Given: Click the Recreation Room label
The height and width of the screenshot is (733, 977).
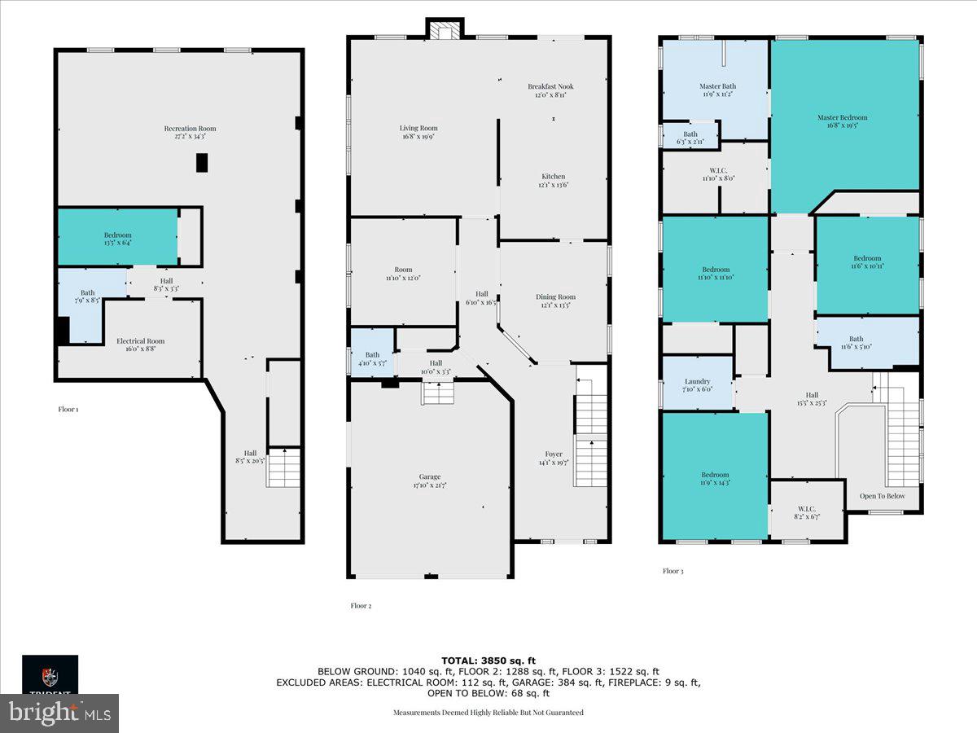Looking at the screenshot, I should tap(190, 129).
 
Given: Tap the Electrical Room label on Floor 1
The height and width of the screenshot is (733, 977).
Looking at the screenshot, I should tap(140, 341).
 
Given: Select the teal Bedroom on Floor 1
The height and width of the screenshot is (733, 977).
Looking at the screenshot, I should tap(117, 235).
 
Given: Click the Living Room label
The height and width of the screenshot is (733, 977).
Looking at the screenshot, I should tap(418, 128).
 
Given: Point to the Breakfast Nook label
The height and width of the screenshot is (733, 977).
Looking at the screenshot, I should tap(550, 86).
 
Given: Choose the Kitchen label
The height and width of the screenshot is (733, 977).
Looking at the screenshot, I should tap(554, 177).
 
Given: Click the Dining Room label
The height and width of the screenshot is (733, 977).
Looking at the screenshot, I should tap(555, 297).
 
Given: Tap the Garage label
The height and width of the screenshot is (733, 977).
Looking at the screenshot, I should tap(430, 477).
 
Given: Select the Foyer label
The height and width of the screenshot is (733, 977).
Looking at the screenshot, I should tap(554, 454).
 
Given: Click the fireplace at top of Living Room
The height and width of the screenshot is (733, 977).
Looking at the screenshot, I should tap(445, 30).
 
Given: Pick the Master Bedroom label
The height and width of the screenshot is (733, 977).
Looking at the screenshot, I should tap(843, 117).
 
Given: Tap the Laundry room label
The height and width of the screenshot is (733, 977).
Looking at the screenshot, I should tap(697, 381).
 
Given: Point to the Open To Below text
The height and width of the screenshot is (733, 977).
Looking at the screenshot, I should tap(883, 495).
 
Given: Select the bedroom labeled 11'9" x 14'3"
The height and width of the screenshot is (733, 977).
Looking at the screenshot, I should tap(716, 475).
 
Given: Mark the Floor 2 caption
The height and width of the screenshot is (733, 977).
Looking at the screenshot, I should tap(361, 605).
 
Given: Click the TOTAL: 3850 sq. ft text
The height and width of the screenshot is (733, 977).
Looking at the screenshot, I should tap(488, 661).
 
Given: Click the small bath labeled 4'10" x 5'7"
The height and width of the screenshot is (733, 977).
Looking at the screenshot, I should tap(372, 355).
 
